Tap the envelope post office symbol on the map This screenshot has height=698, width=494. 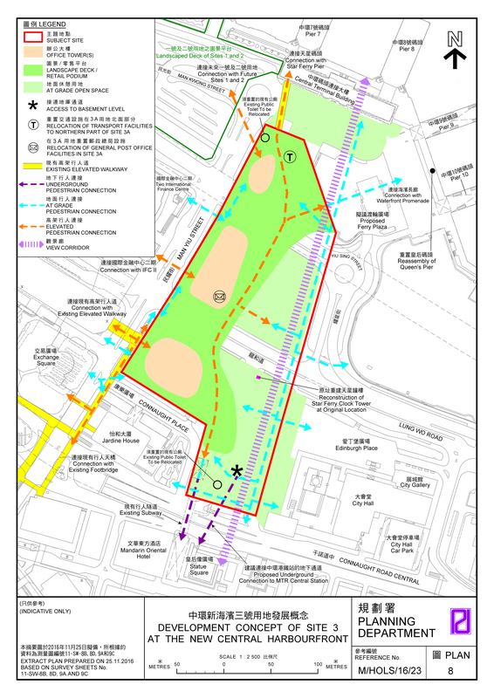pyautogui.click(x=218, y=298)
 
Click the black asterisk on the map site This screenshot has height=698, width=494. pyautogui.click(x=237, y=472)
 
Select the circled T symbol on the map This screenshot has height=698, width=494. pyautogui.click(x=289, y=157)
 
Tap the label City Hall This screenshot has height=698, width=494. pyautogui.click(x=362, y=502)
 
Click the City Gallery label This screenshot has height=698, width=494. pyautogui.click(x=415, y=482)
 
